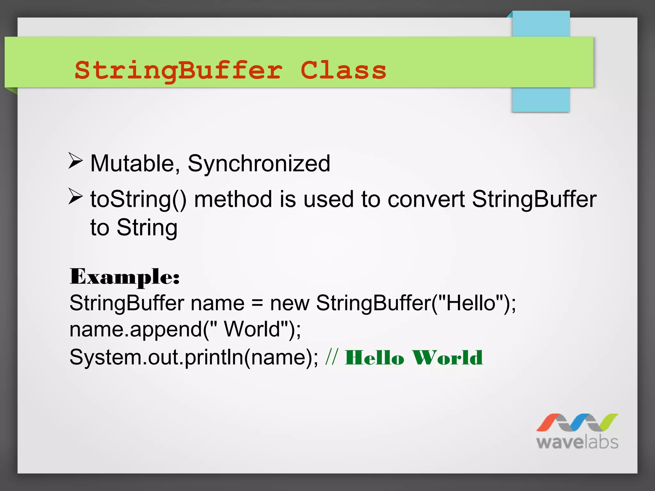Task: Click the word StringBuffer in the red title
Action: point(178,71)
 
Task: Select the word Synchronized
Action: point(259,164)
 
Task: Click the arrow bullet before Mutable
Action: point(75,161)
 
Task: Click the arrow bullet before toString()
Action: point(75,196)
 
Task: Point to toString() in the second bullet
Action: point(138,199)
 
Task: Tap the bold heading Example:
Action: point(125,277)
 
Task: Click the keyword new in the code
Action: point(289,303)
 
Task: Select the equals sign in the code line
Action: point(257,303)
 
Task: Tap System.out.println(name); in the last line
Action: point(194,357)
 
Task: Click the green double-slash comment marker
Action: point(331,357)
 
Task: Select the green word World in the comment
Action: point(447,357)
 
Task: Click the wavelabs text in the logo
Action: point(577,442)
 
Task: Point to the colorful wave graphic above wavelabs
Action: point(577,422)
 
